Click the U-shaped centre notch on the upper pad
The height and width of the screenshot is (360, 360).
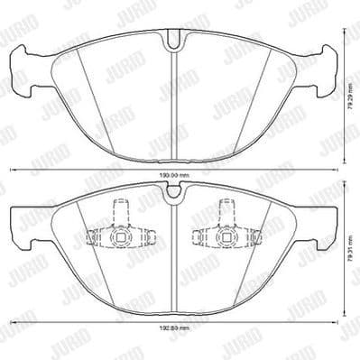(x=173, y=40)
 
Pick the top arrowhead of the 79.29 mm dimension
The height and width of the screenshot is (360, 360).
(x=344, y=32)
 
